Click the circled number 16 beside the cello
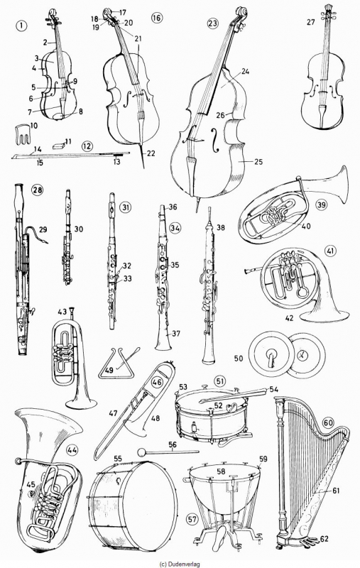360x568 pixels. click(x=157, y=18)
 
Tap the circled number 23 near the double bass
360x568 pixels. click(x=212, y=23)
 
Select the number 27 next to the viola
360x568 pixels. click(x=311, y=22)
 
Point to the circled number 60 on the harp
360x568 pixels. click(x=329, y=422)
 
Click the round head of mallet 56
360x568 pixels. click(x=141, y=452)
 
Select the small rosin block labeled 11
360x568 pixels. click(x=58, y=146)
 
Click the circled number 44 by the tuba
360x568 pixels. click(x=72, y=450)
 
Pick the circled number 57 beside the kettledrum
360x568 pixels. click(x=192, y=519)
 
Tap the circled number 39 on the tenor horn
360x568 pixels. click(x=321, y=204)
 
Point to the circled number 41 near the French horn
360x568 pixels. click(x=331, y=251)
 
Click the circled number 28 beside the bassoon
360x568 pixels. click(x=37, y=190)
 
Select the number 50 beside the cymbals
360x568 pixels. click(x=239, y=359)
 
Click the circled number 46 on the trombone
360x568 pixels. click(x=157, y=382)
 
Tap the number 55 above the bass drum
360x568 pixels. click(x=118, y=458)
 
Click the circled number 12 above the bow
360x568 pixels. click(x=87, y=146)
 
